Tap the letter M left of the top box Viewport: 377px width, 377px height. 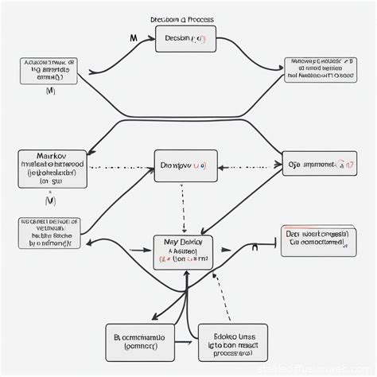[133, 37]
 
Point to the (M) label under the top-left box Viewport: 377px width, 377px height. [50, 92]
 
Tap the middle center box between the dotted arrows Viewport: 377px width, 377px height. [185, 166]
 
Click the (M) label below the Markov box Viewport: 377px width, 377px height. [50, 200]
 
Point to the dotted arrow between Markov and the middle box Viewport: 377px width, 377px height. [119, 168]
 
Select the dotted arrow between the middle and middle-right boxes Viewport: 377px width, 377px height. [249, 168]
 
